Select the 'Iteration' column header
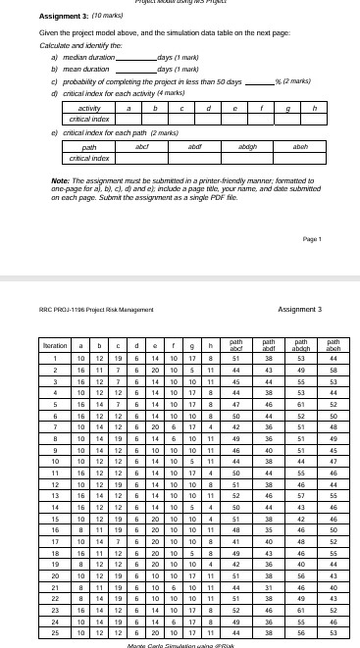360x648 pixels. click(x=39, y=348)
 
